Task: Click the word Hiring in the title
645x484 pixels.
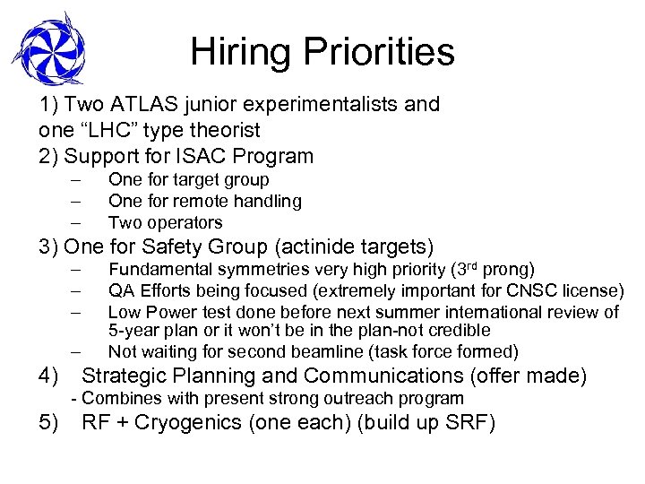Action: (x=235, y=53)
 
